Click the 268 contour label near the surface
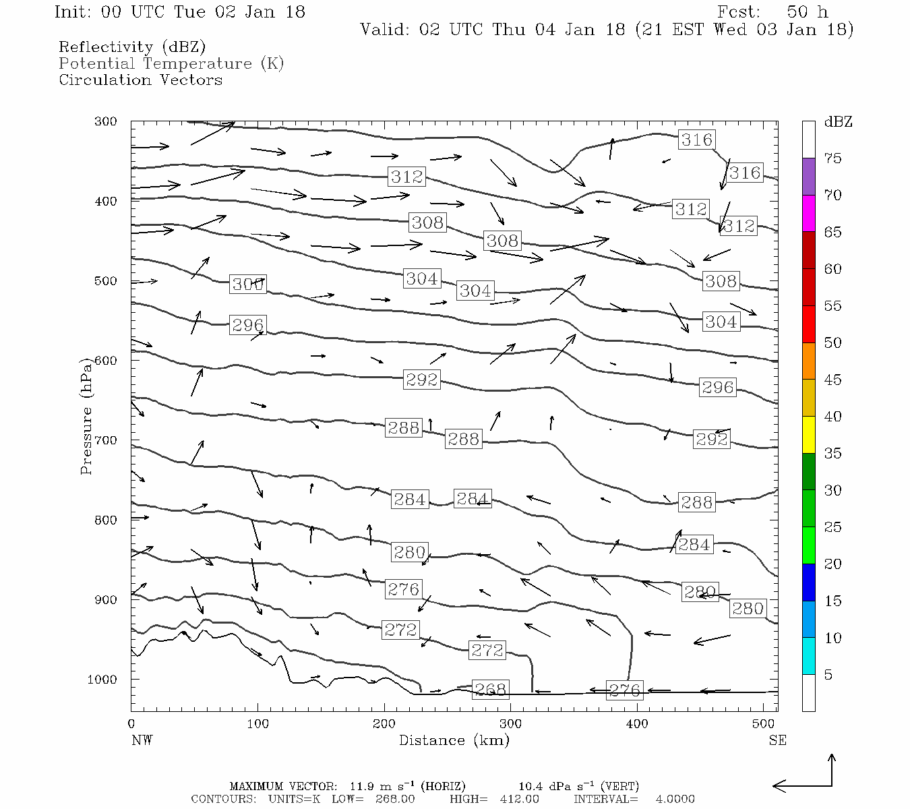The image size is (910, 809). point(490,689)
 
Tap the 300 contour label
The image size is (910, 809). point(247,284)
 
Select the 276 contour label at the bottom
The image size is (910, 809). point(624,689)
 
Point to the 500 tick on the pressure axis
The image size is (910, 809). point(106,281)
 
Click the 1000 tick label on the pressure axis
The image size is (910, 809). point(102,680)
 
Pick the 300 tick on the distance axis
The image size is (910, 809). point(510,723)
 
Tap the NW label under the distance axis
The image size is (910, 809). point(142,740)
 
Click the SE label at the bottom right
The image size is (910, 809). point(777,740)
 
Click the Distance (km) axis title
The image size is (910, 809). point(454,740)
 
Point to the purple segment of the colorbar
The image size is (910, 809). point(808,177)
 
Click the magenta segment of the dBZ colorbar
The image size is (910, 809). point(808,214)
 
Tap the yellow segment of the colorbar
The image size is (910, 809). point(808,435)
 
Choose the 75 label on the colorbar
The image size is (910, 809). point(832,158)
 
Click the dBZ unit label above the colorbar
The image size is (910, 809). point(838,122)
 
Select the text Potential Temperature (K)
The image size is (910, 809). point(171,63)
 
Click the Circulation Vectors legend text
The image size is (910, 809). point(140,80)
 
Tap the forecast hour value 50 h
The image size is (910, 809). point(807,12)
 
